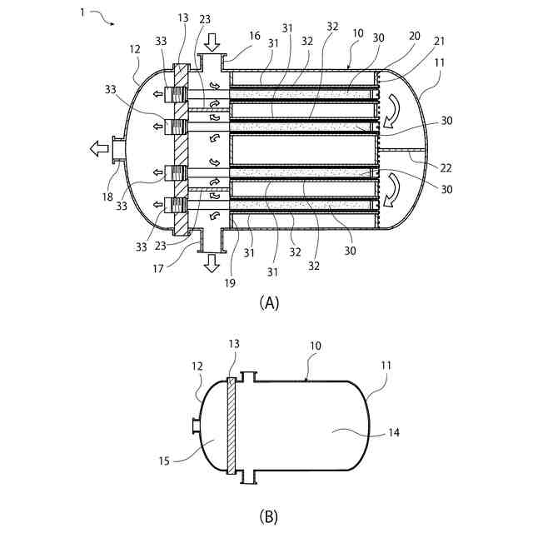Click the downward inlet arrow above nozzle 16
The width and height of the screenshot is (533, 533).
tap(212, 41)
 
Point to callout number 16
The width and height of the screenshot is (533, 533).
tap(254, 37)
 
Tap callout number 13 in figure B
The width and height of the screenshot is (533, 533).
tap(233, 344)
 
